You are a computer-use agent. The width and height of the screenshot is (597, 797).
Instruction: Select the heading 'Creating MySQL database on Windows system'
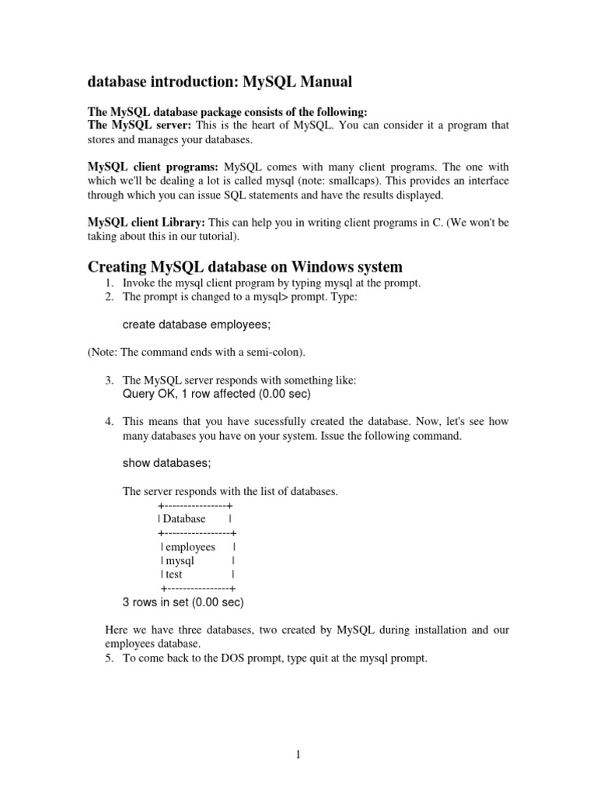[245, 267]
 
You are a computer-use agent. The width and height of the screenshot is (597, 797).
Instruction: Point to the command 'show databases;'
[166, 462]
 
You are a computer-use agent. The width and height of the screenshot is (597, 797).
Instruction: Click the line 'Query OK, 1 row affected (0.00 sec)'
[216, 394]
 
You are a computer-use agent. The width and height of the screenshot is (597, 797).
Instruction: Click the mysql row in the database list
[180, 560]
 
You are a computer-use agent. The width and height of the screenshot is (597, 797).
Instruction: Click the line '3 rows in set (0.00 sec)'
[183, 602]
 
